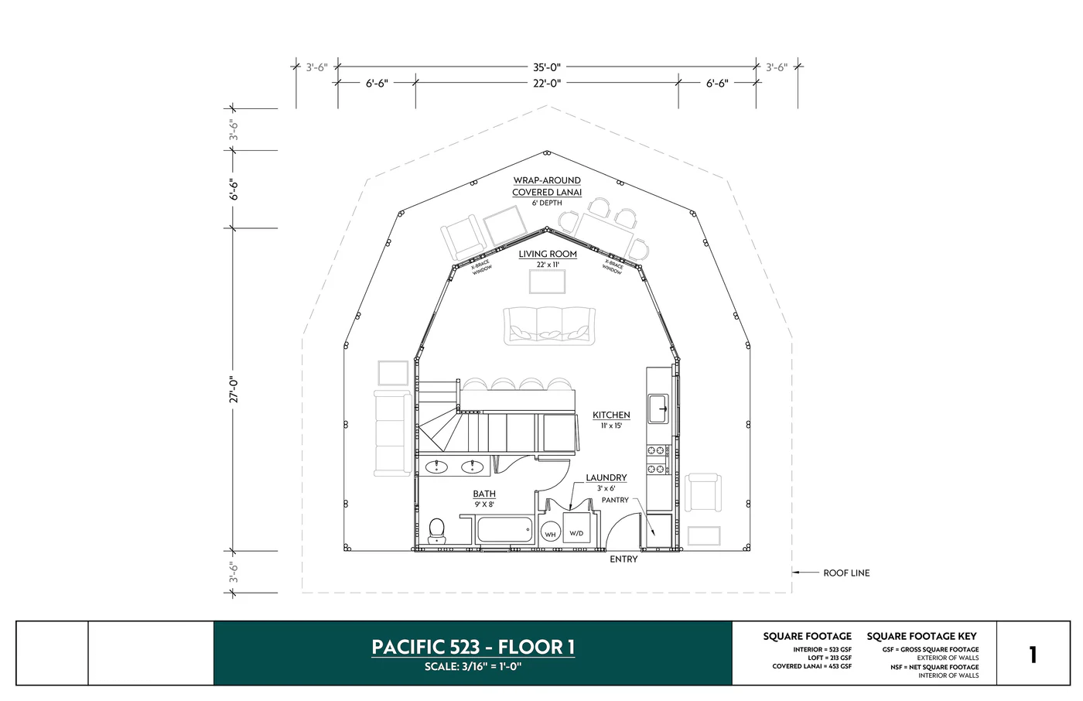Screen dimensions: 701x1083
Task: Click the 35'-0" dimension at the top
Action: [x=546, y=67]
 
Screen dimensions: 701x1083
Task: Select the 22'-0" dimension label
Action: [x=546, y=83]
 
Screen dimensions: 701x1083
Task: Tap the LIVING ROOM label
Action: [x=548, y=254]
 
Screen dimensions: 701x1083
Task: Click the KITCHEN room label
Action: [x=611, y=415]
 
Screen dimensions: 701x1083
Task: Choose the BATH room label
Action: [x=484, y=494]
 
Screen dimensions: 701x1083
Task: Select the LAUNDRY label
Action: [x=606, y=478]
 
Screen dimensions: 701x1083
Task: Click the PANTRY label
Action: [x=615, y=501]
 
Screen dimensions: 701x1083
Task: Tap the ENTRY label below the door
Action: [x=623, y=559]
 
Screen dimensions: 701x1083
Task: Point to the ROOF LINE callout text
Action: [x=846, y=573]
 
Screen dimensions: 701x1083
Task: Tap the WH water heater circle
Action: [x=550, y=534]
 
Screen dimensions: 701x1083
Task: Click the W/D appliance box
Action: [x=576, y=533]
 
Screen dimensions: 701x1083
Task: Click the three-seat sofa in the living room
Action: [x=548, y=326]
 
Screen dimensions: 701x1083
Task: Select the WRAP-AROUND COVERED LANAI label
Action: [x=547, y=186]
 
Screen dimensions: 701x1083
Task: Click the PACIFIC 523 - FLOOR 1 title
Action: [x=473, y=647]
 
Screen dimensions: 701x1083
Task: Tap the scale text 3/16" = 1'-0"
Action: [x=473, y=667]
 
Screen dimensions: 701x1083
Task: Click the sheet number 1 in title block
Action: [x=1032, y=655]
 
